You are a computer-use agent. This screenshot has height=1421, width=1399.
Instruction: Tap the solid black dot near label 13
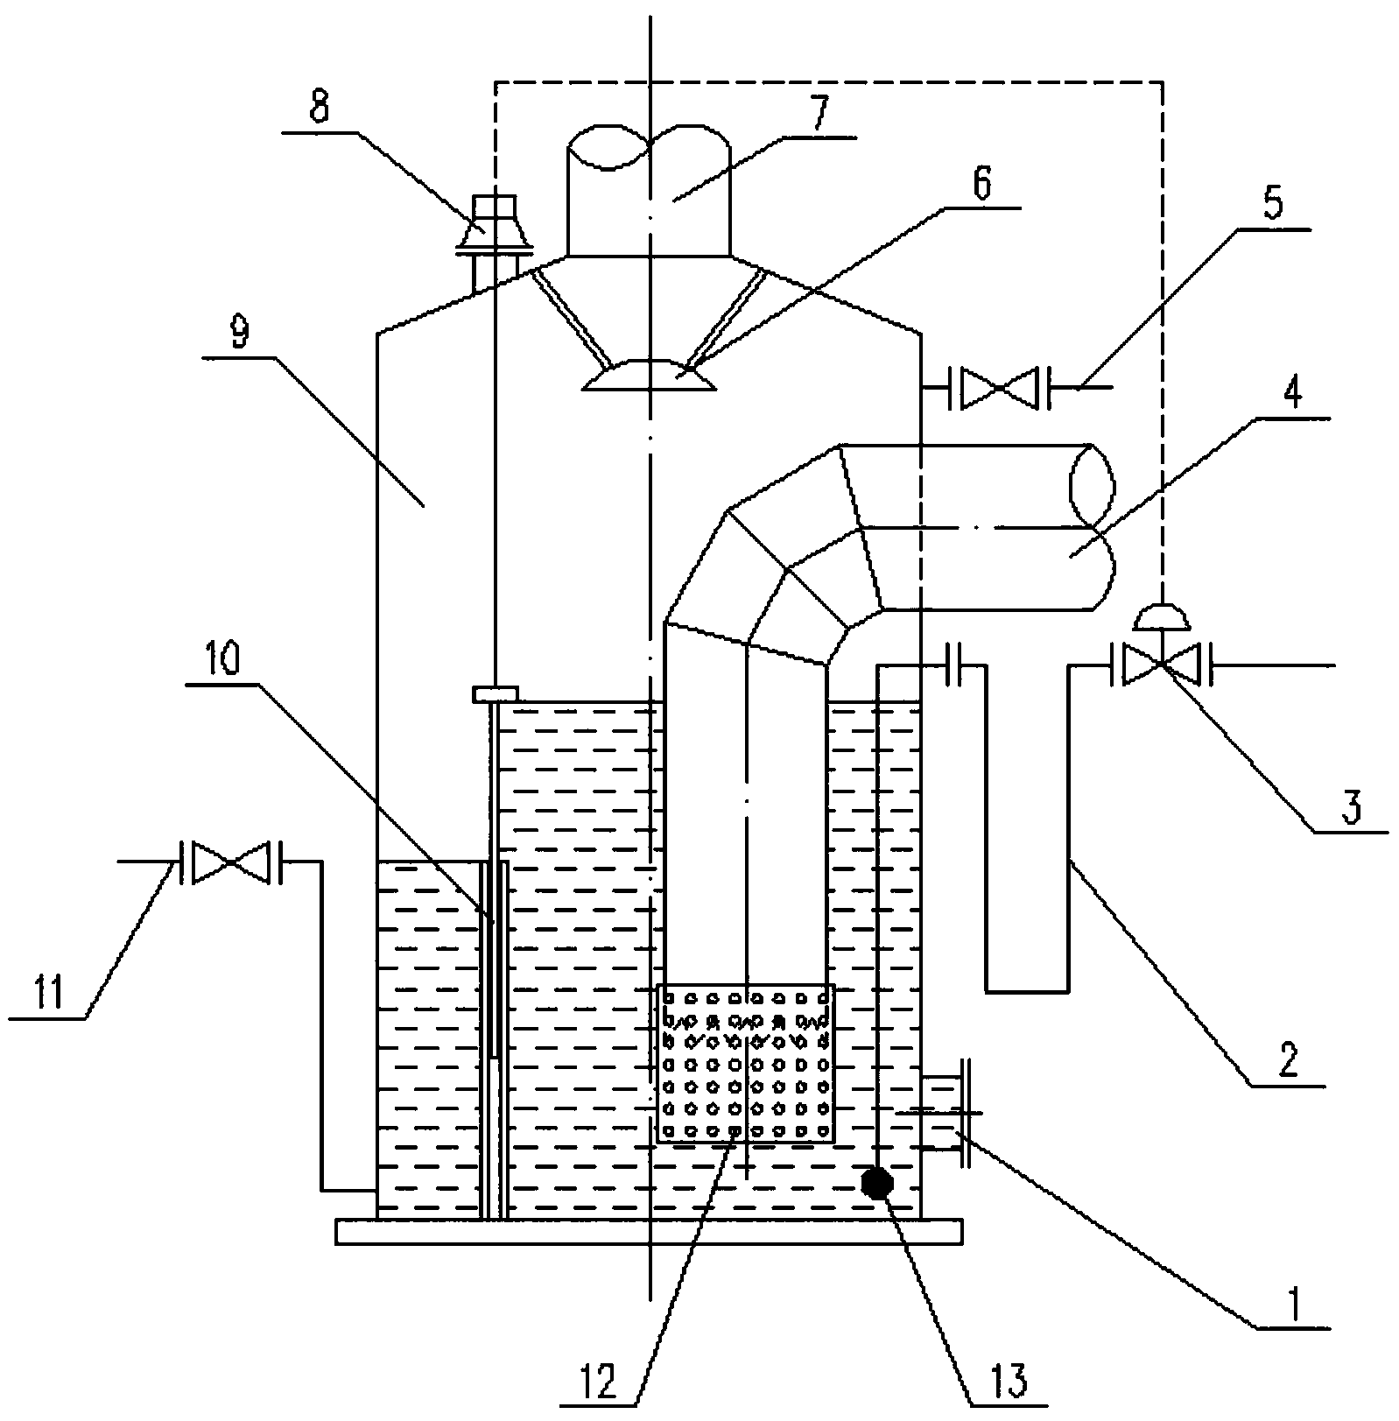click(x=877, y=1183)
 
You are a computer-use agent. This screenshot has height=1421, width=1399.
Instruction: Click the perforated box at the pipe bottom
click(x=746, y=1063)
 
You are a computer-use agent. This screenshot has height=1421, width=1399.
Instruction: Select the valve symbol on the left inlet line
click(x=229, y=862)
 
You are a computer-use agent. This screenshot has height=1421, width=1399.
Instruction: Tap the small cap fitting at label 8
click(x=494, y=226)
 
